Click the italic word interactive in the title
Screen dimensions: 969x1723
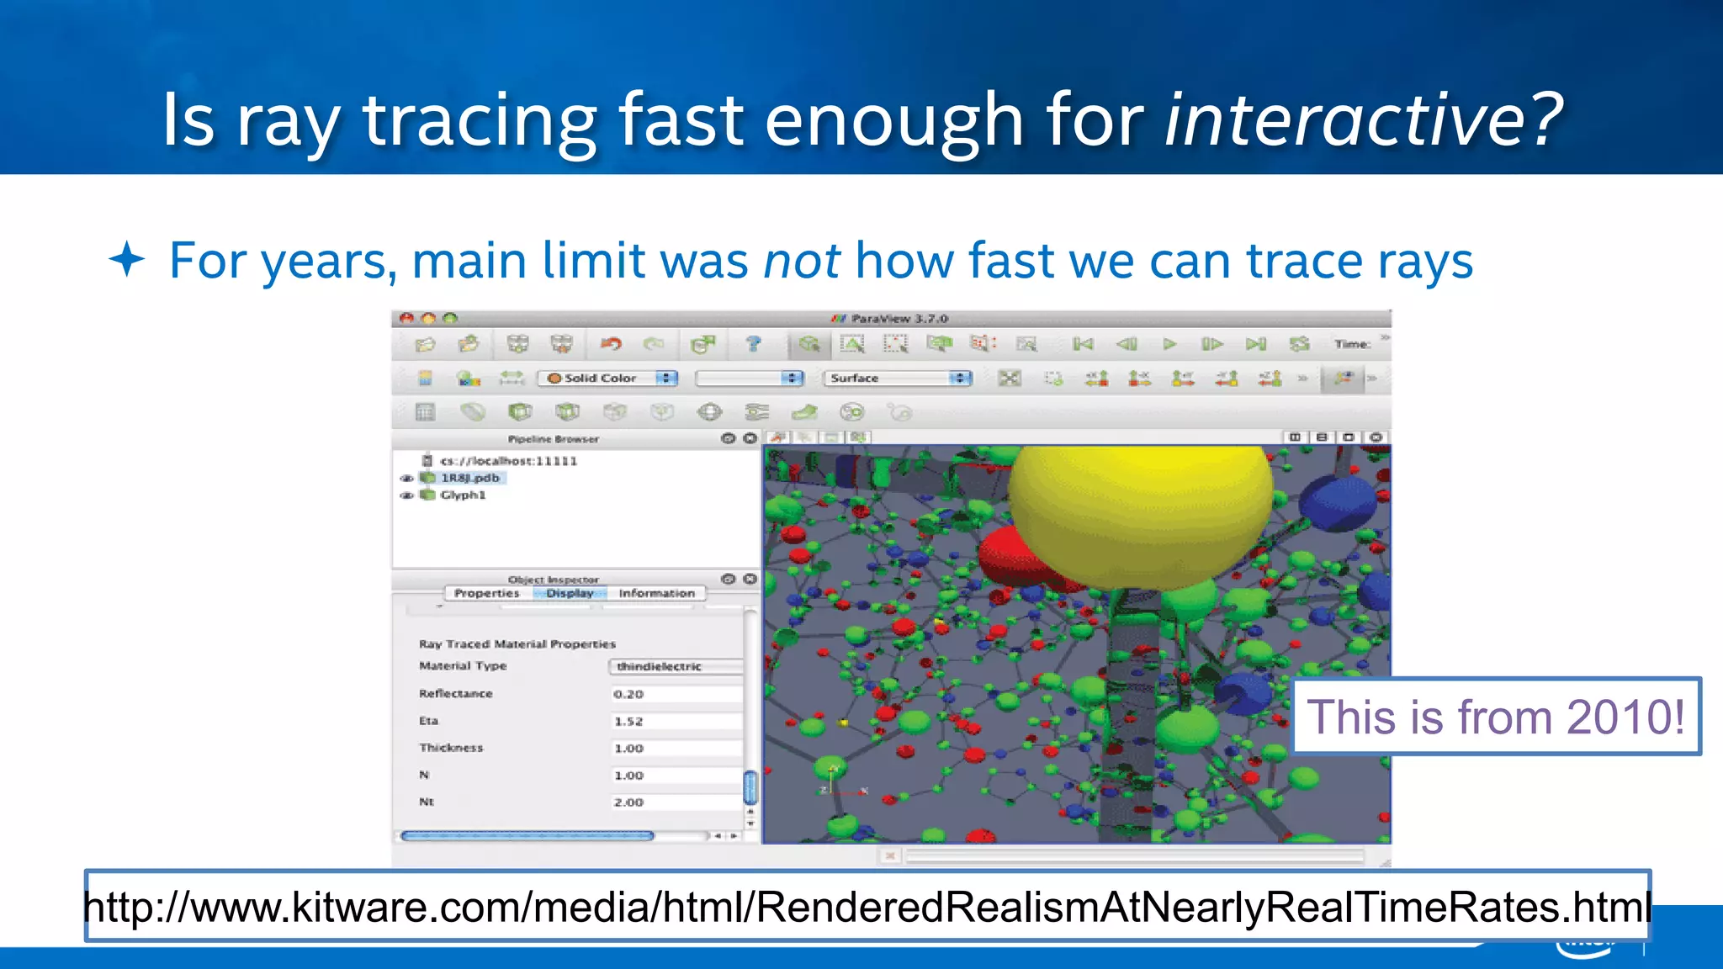pos(1343,119)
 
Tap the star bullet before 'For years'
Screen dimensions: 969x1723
pos(127,259)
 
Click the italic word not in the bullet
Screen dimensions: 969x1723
pos(801,261)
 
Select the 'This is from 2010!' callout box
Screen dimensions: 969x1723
pos(1496,717)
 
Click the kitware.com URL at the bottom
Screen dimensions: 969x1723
pos(867,907)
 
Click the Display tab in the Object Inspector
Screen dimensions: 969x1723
pos(570,593)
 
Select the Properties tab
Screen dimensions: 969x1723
pos(486,593)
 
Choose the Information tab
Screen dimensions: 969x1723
pos(656,593)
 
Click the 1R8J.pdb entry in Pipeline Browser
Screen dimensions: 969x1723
pos(469,478)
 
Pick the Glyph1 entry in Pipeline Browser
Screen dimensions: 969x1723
pos(463,495)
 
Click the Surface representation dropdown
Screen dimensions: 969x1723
pos(897,379)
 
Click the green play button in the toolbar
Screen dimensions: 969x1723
pos(1169,344)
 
